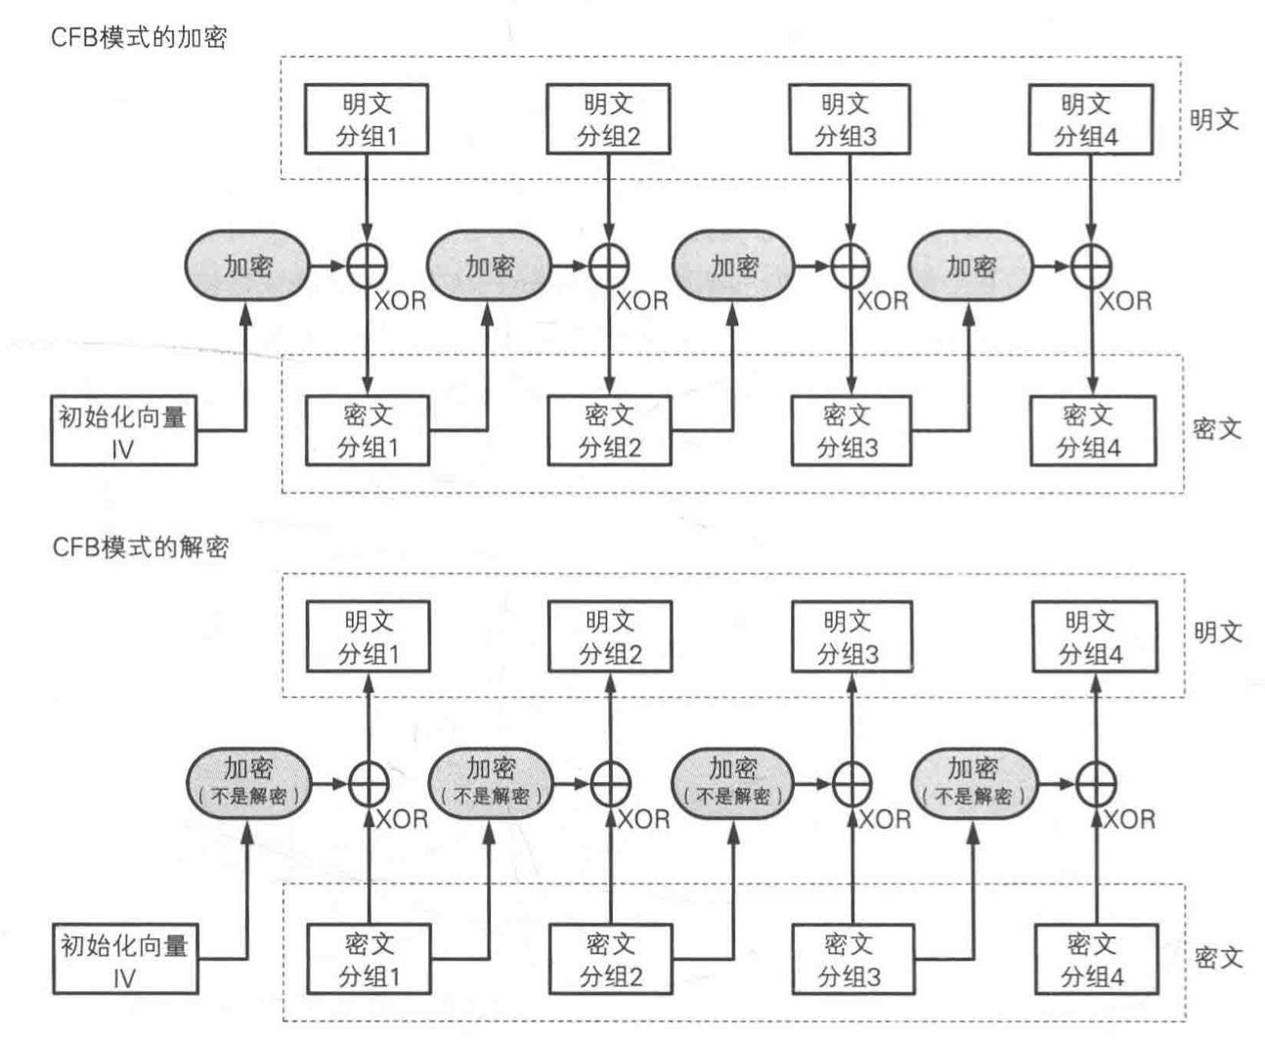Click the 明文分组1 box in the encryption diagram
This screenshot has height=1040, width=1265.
tap(367, 119)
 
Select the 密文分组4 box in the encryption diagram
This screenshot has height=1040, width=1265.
tap(1092, 431)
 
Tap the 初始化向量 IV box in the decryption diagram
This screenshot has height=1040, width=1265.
tap(124, 960)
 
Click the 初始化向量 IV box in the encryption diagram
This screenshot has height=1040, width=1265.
tap(123, 431)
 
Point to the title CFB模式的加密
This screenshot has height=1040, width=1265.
tap(139, 38)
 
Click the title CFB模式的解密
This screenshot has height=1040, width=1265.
tap(140, 546)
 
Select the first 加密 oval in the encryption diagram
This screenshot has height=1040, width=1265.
tap(247, 266)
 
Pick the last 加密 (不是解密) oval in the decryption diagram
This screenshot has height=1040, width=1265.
tap(974, 783)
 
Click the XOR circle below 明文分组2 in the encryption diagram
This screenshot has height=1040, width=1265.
tap(609, 266)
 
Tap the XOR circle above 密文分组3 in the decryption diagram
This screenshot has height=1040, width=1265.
tap(851, 783)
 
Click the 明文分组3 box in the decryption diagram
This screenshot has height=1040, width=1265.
tap(851, 636)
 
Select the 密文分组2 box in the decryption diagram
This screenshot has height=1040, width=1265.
tap(611, 959)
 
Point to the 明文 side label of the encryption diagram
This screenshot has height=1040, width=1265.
tap(1214, 120)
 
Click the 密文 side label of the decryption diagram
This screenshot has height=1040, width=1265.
tap(1218, 958)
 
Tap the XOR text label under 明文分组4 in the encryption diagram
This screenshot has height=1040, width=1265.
tap(1125, 301)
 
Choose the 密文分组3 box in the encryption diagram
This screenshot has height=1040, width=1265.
tap(850, 431)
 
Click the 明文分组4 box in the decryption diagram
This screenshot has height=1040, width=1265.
tap(1094, 636)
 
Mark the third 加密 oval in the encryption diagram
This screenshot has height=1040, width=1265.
tap(733, 266)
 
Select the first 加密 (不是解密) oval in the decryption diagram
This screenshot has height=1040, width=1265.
tap(249, 783)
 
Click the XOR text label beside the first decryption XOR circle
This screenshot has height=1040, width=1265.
tap(402, 819)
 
